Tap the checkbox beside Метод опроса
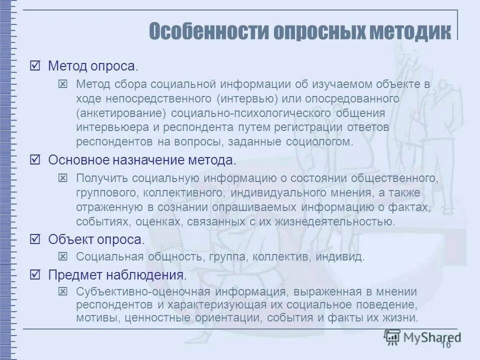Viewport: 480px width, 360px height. point(35,66)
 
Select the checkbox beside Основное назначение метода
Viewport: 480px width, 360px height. point(35,160)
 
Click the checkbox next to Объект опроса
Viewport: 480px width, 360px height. point(35,239)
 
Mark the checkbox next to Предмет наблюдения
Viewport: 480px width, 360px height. point(35,274)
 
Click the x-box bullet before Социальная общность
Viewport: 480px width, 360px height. point(63,257)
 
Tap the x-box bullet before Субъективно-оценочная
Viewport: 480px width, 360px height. point(63,291)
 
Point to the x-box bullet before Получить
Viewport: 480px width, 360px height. point(63,177)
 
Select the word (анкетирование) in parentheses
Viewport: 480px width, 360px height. point(118,113)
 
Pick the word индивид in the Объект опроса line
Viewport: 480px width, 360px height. point(343,257)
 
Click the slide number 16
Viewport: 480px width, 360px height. point(445,345)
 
